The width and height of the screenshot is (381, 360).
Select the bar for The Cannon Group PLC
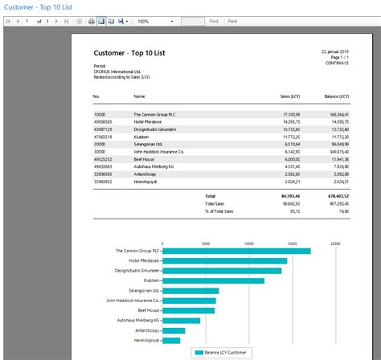pyautogui.click(x=236, y=251)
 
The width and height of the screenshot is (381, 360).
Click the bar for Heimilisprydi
pyautogui.click(x=173, y=340)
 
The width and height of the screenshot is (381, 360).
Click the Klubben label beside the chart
pyautogui.click(x=148, y=280)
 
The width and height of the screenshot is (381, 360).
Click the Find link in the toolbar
pyautogui.click(x=213, y=21)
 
